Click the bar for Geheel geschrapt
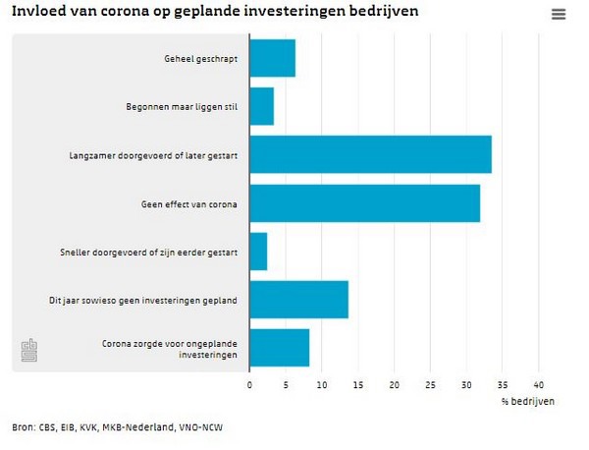[x=272, y=58]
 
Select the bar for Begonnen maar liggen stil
[x=261, y=106]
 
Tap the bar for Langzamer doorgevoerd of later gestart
[x=370, y=154]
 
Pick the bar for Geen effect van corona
[x=364, y=202]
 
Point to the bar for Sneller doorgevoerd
[x=258, y=252]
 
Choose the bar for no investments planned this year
[x=298, y=300]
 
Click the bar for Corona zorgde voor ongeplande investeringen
[x=279, y=348]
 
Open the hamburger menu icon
[x=559, y=15]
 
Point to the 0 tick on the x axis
[x=249, y=384]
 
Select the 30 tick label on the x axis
[x=466, y=384]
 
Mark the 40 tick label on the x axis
[x=539, y=384]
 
